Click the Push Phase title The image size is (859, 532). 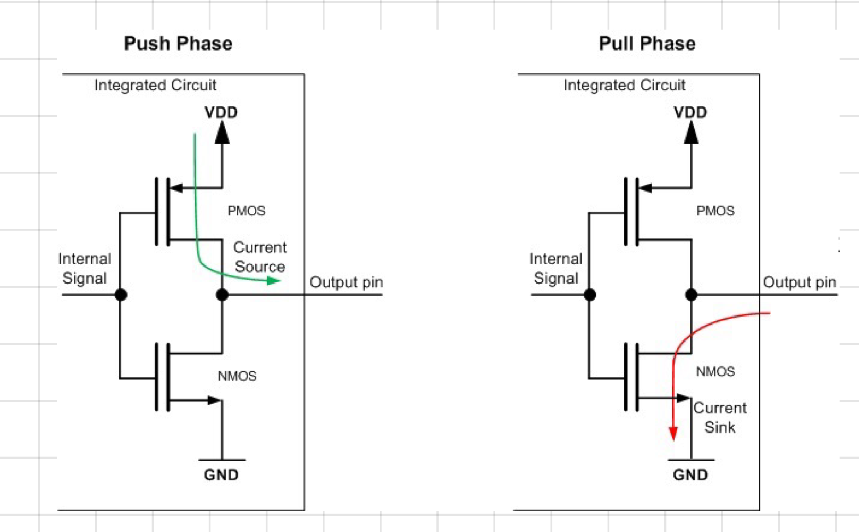pos(178,44)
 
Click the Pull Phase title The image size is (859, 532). pos(647,44)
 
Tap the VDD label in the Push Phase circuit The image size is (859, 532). pos(221,112)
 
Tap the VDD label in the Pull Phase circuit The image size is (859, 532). pos(690,112)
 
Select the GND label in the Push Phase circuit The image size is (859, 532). pos(221,475)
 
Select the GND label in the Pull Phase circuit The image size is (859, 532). pos(690,475)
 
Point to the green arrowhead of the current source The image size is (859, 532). pos(274,280)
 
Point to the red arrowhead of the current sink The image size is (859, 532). pos(673,434)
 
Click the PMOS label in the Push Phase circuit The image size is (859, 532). pos(246,211)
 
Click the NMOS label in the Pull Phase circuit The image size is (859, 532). pos(715,371)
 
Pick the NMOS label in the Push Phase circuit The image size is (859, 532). pos(238,376)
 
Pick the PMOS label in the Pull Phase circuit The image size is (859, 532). pos(715,211)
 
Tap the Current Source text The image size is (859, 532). pos(260,257)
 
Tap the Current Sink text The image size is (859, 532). pos(720,418)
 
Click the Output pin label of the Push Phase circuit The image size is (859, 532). pos(346,282)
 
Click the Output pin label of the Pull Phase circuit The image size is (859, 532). pos(799,282)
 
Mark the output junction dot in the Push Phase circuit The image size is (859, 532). pos(222,295)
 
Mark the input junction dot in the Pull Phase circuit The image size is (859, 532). pos(590,295)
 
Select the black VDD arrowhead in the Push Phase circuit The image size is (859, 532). pos(222,132)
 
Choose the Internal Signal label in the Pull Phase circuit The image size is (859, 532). pos(556,269)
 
